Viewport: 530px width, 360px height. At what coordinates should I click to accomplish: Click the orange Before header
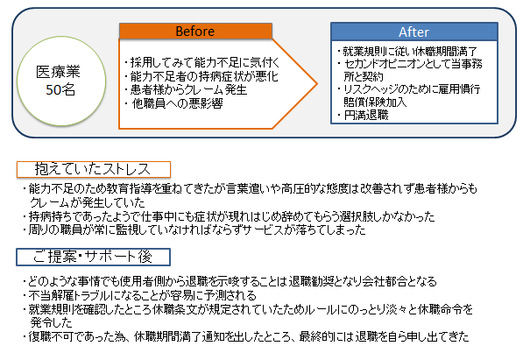coord(195,32)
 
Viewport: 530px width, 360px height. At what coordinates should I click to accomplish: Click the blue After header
coord(414,32)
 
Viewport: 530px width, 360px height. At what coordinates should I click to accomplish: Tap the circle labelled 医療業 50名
coord(61,81)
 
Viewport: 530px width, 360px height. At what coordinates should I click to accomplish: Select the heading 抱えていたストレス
coord(93,169)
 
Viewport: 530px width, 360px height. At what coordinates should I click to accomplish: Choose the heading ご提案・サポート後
coord(93,257)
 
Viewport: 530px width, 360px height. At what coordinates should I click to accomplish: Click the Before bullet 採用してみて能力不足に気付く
coord(201,62)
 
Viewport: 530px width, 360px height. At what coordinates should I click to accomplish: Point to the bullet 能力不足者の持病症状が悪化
coord(201,76)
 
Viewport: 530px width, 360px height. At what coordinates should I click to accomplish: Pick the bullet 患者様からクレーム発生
coord(185,89)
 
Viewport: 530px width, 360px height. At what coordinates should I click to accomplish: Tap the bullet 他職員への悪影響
coord(173,103)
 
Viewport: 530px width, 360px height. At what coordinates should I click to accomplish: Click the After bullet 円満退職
coord(363,116)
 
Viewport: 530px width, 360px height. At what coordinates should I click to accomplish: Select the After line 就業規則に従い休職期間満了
coord(407,52)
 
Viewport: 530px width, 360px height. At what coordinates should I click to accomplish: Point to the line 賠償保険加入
coord(375,102)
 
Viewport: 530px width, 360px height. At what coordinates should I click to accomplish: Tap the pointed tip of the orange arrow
coord(317,84)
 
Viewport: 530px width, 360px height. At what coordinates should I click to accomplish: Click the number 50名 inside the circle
coord(60,90)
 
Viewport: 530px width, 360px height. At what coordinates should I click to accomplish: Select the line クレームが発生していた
coord(88,202)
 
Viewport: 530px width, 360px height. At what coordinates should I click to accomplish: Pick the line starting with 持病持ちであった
coord(229,216)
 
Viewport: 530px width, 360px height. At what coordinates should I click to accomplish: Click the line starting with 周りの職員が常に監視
coord(194,229)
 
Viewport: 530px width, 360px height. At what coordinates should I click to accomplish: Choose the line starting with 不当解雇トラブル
coord(139,295)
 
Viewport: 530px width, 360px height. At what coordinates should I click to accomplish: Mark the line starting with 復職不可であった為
coord(246,336)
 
